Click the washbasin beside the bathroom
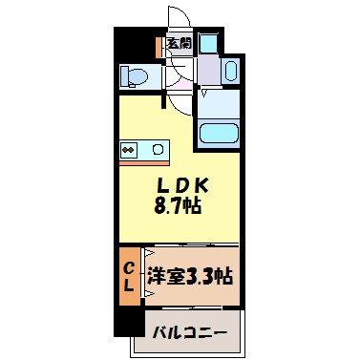(230, 72)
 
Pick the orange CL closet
(128, 276)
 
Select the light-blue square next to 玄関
(208, 43)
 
